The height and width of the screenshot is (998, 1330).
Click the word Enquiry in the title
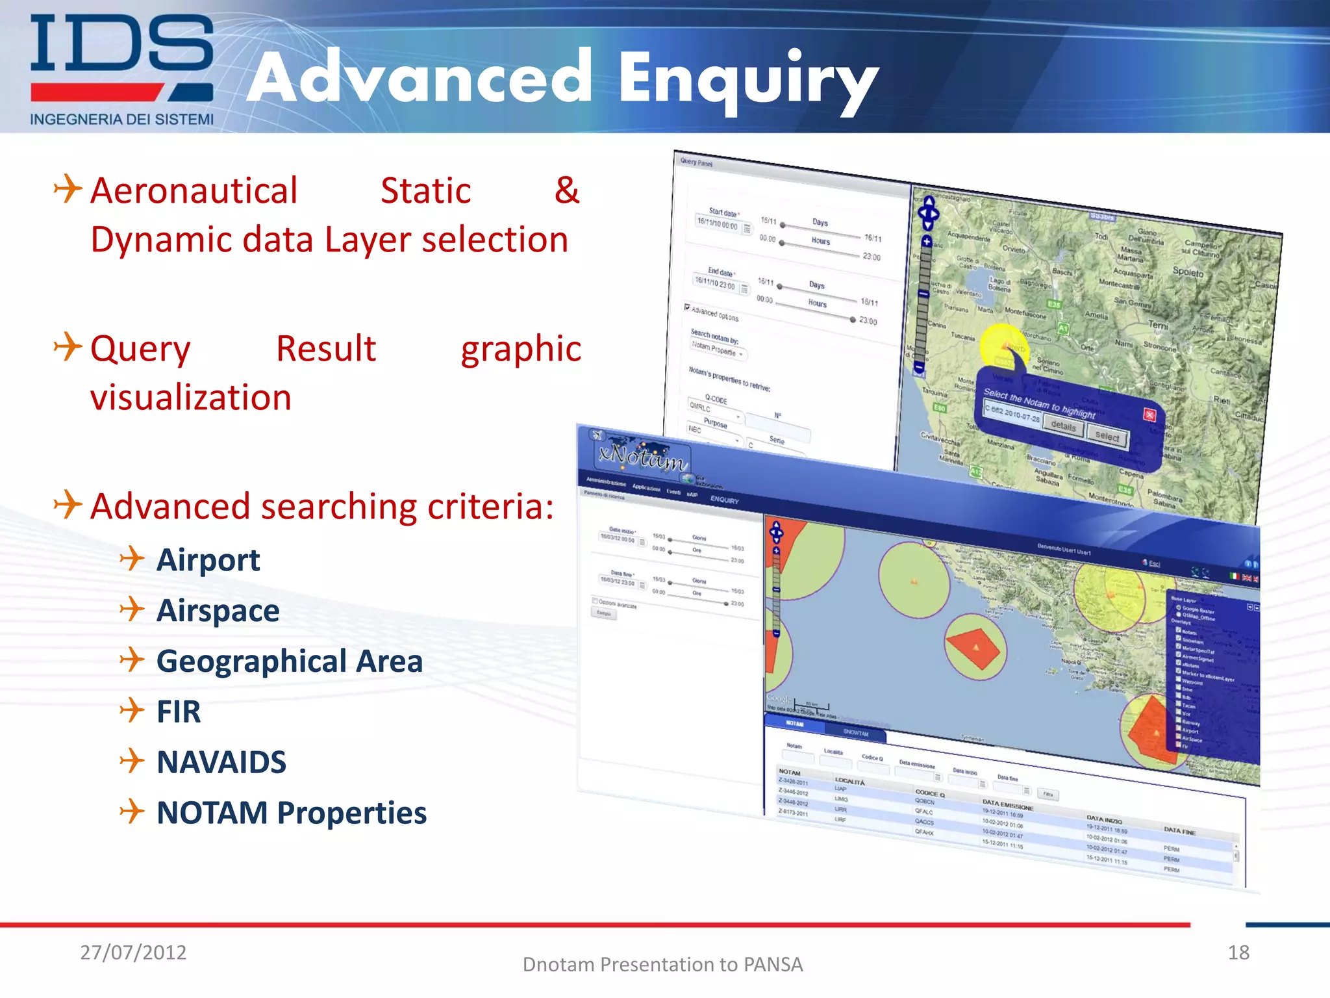coord(747,79)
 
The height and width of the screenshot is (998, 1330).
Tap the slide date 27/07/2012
coord(133,952)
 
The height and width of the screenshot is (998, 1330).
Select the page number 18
coord(1238,953)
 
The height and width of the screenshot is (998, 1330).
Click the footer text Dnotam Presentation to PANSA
coord(662,964)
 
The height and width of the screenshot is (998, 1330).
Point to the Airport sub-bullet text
coord(208,560)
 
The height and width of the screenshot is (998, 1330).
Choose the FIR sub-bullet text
coord(179,711)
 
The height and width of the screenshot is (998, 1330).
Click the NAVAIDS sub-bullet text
coord(221,762)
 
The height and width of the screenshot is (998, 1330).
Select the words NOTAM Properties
coord(292,813)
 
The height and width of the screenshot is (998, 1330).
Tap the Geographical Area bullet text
coord(289,661)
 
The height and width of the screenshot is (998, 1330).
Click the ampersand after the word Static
coord(566,190)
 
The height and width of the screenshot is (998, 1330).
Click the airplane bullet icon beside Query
coord(68,346)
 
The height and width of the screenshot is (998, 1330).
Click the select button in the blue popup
coord(1107,436)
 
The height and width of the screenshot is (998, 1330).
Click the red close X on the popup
coord(1149,415)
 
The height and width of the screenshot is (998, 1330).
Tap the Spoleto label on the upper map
coord(1188,272)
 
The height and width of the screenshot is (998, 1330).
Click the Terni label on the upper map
coord(1158,324)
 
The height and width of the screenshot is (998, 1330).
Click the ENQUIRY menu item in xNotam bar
coord(724,500)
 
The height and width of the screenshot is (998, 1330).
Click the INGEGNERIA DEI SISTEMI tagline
coord(121,120)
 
